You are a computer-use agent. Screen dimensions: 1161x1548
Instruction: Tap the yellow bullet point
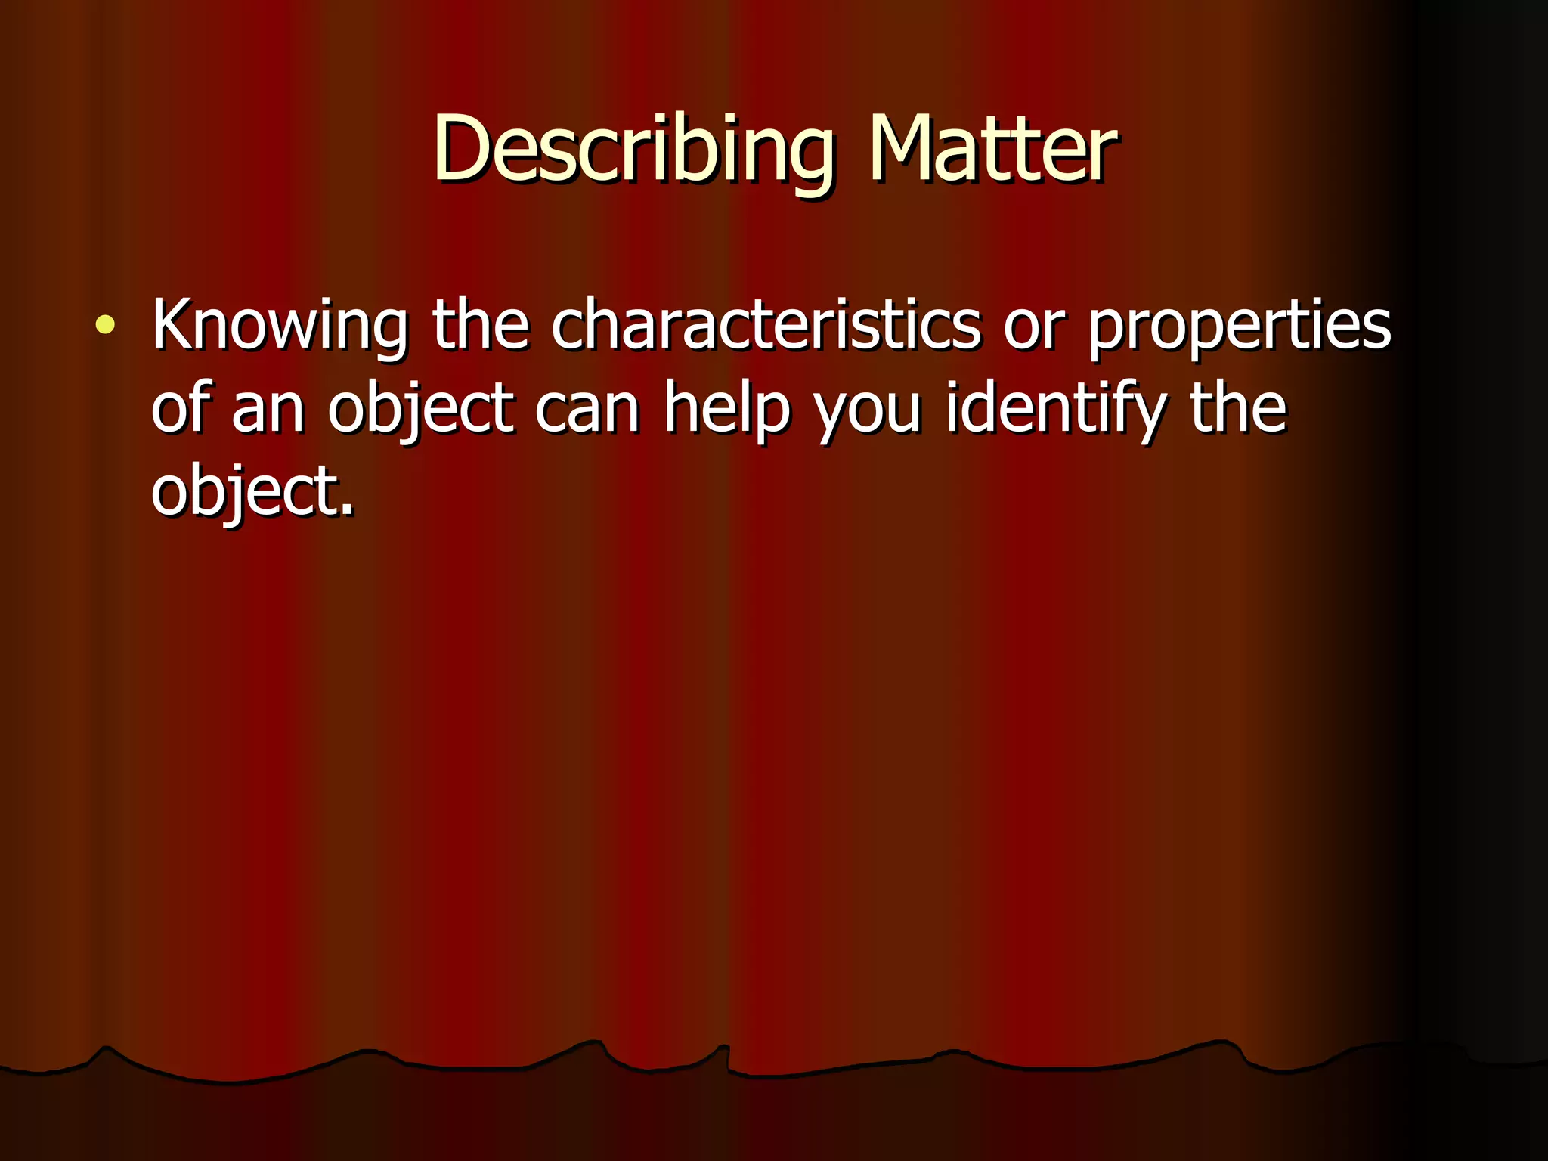pyautogui.click(x=106, y=326)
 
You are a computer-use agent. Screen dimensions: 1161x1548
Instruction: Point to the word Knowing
pyautogui.click(x=280, y=326)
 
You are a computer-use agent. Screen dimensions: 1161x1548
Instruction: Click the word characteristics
pyautogui.click(x=766, y=326)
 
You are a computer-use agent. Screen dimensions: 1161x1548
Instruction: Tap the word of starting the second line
pyautogui.click(x=179, y=407)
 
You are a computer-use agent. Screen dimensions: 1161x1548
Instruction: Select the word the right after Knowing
pyautogui.click(x=480, y=326)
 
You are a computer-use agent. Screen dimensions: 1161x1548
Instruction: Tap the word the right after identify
pyautogui.click(x=1238, y=407)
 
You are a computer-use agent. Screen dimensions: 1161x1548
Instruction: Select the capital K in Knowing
pyautogui.click(x=172, y=324)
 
